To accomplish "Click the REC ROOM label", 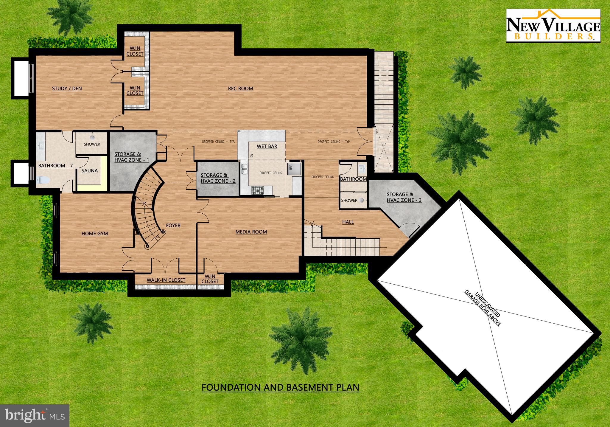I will click(x=240, y=88).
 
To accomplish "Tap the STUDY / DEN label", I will click(x=67, y=88).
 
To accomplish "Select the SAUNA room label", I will click(x=90, y=171).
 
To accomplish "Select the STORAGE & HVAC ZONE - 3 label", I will click(x=404, y=197).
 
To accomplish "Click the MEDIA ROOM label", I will click(x=251, y=232).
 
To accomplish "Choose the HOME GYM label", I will click(x=95, y=234).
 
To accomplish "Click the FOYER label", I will click(x=173, y=226).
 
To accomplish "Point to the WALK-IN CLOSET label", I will click(x=166, y=280).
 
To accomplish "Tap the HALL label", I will click(x=348, y=222).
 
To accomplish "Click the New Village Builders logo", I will click(x=553, y=26).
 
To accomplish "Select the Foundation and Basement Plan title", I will click(x=280, y=388).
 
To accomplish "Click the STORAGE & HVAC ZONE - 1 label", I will click(x=132, y=157).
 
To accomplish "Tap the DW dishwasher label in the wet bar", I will click(x=252, y=156).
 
